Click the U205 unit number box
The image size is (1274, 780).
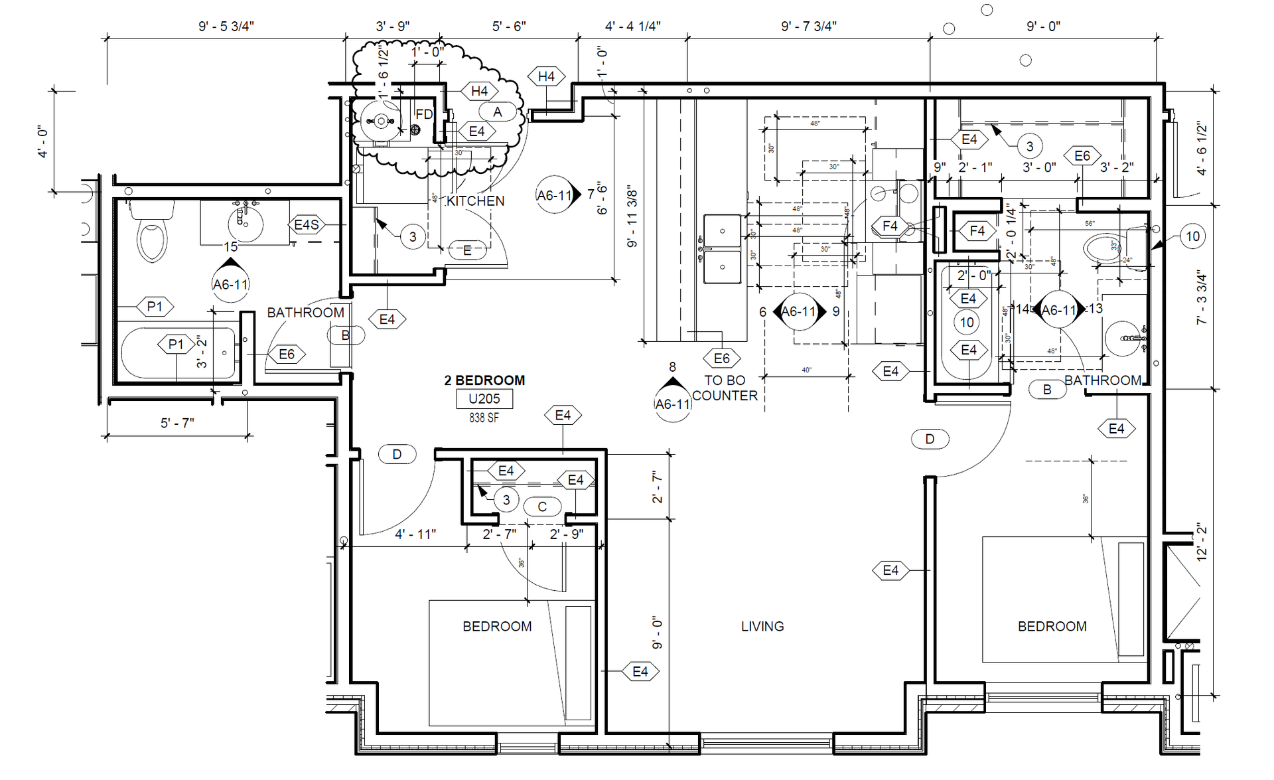point(484,399)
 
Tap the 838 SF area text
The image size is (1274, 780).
point(484,418)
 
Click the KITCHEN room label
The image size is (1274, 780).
point(475,200)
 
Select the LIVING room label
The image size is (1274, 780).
point(762,626)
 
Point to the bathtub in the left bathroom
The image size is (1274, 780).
point(178,353)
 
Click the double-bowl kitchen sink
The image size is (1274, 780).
point(722,249)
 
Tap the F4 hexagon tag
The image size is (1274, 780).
point(890,226)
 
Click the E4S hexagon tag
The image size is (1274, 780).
point(307,225)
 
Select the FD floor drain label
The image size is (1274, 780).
point(424,114)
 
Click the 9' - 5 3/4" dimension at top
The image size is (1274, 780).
point(226,26)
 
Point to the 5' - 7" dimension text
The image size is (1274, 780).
point(177,423)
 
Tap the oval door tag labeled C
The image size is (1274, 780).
point(542,507)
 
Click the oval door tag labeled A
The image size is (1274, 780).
point(498,112)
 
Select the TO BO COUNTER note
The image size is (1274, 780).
point(725,388)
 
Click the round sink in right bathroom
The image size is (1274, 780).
point(1123,339)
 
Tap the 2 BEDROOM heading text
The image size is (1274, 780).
point(484,380)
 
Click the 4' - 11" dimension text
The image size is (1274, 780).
point(415,534)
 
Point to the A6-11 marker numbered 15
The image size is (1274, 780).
point(230,283)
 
